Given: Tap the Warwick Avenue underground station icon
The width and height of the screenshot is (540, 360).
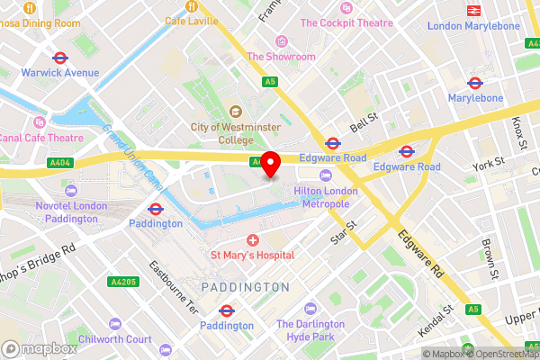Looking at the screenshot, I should point(59,57).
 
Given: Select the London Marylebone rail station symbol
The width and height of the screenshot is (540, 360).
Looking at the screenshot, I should point(472,11).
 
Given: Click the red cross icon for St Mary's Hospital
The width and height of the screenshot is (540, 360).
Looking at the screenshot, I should point(253,239).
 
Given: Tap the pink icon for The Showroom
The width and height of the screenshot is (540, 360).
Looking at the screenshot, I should point(281,40).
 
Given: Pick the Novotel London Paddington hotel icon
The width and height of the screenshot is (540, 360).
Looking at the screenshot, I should point(71,191).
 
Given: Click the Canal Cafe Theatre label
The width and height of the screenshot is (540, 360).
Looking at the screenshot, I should point(41,138).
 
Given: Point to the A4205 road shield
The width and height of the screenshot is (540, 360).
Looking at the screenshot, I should point(123,282).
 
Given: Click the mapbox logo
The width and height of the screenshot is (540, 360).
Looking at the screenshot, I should point(40,348).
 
